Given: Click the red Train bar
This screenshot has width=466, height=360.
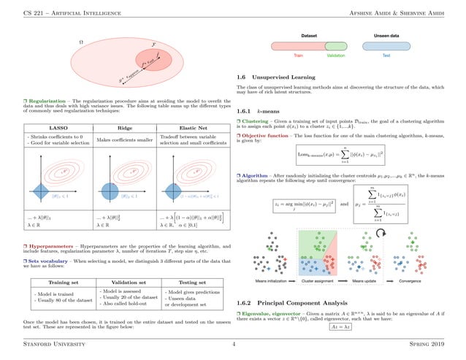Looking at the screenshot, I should (x=299, y=45).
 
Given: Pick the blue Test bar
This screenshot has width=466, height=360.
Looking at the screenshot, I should (x=385, y=45).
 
